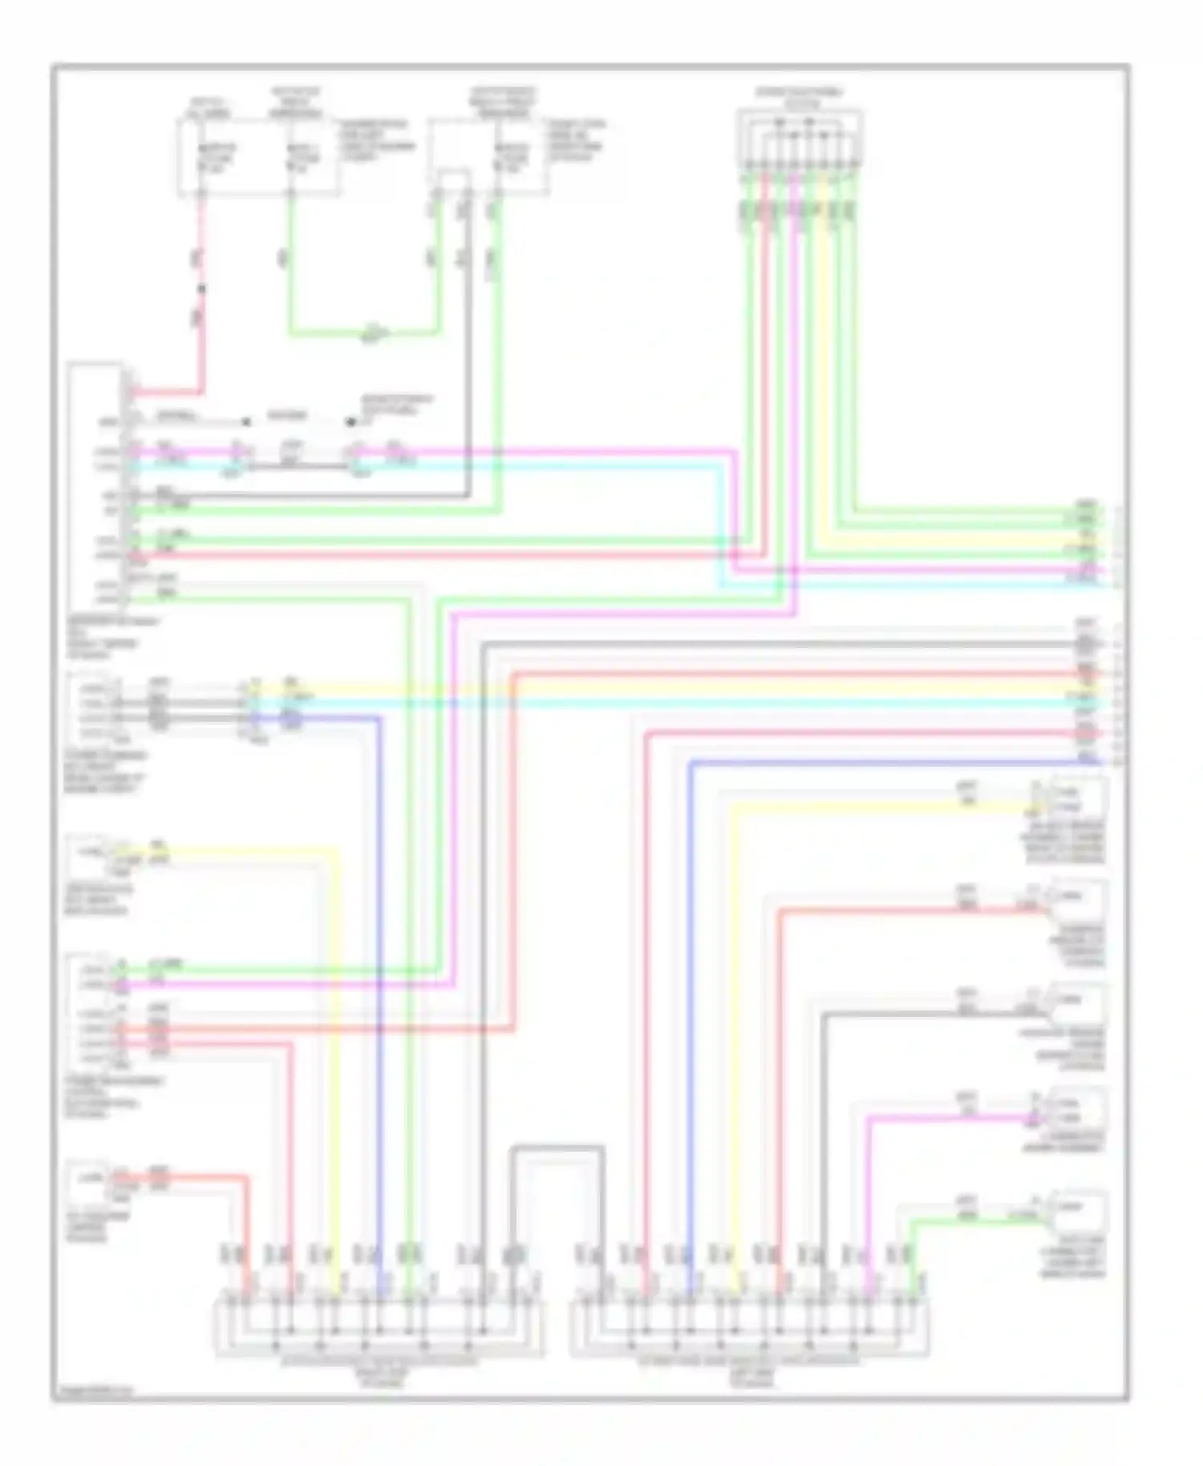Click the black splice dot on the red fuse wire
pyautogui.click(x=201, y=288)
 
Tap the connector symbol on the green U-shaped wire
pyautogui.click(x=374, y=331)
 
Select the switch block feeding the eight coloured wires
pyautogui.click(x=800, y=140)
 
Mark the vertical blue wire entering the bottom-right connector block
pyautogui.click(x=690, y=1002)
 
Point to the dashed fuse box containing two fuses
pyautogui.click(x=257, y=157)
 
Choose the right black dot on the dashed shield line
pyautogui.click(x=350, y=421)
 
